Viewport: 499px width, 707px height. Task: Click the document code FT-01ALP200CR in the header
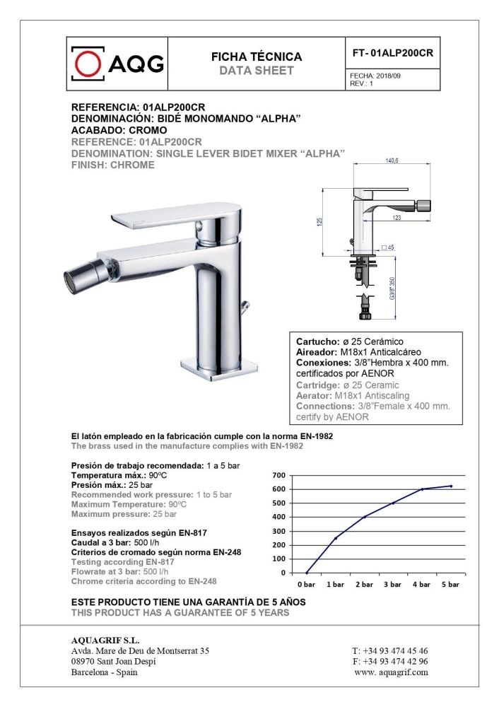392,53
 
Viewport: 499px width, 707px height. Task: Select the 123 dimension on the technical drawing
397,218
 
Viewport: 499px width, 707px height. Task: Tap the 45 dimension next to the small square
391,247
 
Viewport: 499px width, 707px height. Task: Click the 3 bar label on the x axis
392,585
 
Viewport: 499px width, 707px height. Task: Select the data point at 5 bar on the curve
450,486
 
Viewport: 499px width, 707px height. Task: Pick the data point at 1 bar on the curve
335,538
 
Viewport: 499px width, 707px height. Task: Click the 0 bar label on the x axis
306,585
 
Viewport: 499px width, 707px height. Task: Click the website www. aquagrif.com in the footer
391,672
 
